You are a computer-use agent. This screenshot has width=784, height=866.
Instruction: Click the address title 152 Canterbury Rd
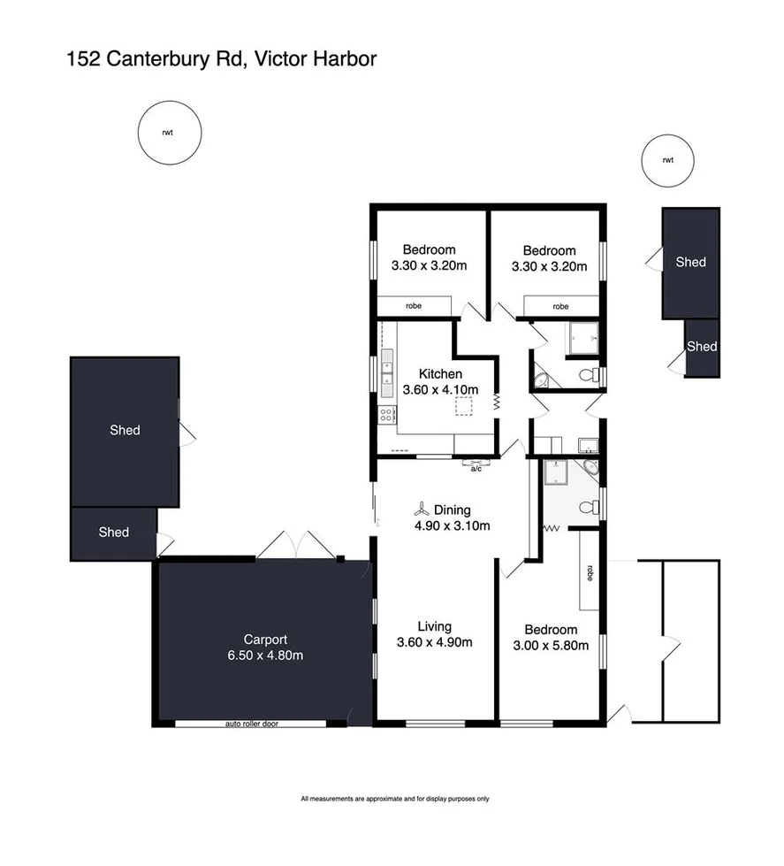(221, 59)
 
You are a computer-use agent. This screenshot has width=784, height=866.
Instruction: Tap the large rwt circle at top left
(166, 134)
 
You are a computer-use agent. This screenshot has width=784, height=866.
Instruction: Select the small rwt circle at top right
(667, 160)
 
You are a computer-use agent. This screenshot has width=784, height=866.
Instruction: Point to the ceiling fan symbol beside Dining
(422, 510)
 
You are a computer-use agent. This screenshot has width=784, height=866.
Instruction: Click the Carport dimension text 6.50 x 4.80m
(266, 655)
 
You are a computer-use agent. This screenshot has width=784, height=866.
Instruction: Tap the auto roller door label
(252, 724)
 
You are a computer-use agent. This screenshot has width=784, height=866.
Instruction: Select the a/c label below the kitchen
(476, 468)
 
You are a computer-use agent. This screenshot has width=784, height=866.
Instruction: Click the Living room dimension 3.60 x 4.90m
(433, 642)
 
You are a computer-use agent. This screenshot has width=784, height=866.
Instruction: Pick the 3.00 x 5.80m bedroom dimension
(551, 645)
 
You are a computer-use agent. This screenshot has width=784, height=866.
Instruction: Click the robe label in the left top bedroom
(414, 306)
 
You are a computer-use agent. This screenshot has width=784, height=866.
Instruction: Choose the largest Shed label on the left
(125, 430)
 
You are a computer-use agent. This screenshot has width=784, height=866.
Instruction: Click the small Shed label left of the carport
(113, 533)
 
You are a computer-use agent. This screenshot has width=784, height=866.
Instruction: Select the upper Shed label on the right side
(690, 262)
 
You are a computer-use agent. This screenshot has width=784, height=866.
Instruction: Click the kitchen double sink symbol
(387, 370)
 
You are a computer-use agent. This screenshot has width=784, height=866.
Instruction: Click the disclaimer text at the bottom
(394, 799)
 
